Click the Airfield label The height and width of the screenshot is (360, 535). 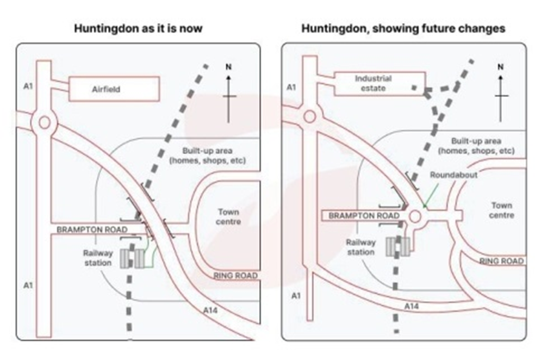(106, 89)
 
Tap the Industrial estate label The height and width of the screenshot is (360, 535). (373, 83)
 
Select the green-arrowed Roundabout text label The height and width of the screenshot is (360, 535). (453, 175)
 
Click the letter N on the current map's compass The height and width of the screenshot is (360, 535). (228, 67)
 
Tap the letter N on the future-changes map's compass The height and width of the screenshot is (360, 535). (500, 67)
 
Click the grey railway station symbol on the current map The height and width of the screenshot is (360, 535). (132, 259)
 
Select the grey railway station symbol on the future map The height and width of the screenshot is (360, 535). (398, 247)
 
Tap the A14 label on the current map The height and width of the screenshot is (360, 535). (210, 310)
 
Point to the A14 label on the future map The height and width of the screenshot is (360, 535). (412, 306)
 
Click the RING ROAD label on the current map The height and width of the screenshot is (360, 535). (235, 275)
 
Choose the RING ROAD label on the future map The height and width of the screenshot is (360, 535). (501, 261)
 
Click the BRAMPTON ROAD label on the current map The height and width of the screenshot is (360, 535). (92, 229)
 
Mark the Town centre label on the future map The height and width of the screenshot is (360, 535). (501, 210)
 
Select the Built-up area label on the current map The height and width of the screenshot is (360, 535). (208, 156)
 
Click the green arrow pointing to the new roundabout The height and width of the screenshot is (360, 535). (431, 195)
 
